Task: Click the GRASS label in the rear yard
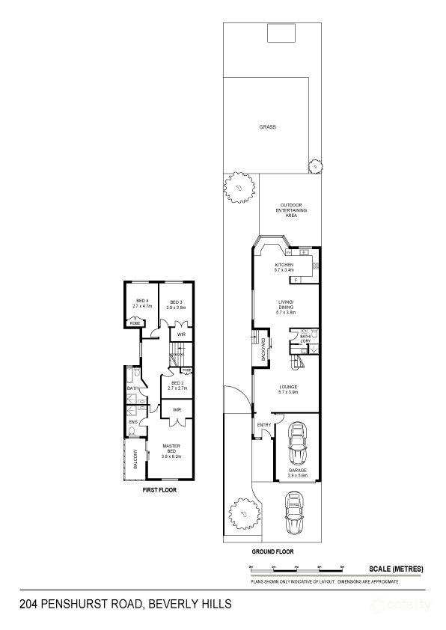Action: [x=267, y=127]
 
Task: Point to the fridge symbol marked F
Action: [x=296, y=280]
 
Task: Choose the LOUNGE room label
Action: [x=288, y=389]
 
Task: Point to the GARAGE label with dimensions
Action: [x=297, y=471]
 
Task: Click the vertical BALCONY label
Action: [x=135, y=458]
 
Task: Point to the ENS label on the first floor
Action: [x=132, y=422]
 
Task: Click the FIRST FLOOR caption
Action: [x=159, y=491]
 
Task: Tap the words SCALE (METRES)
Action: [x=396, y=569]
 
